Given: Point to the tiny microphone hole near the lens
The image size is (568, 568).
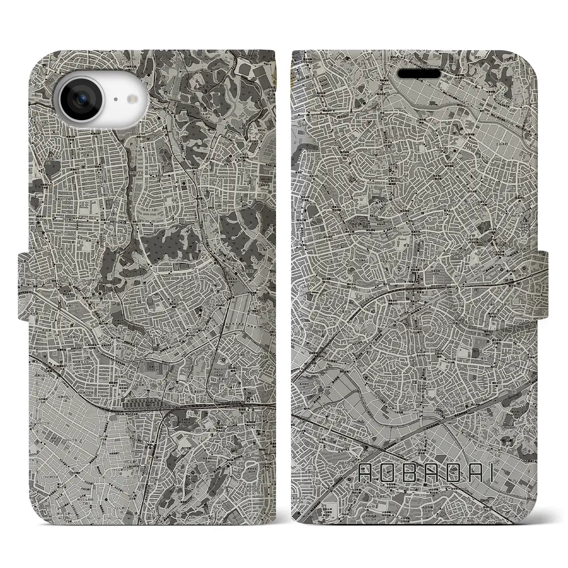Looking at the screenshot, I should pyautogui.click(x=115, y=100).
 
